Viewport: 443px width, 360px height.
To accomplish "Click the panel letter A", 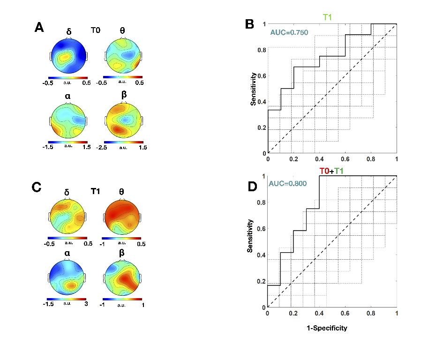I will (40, 28).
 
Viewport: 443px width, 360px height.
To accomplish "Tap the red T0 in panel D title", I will (324, 171).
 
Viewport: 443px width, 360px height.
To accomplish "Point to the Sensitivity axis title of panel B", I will (253, 89).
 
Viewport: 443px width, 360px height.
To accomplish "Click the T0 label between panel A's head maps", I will (96, 30).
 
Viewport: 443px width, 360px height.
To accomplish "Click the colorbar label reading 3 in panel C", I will (85, 304).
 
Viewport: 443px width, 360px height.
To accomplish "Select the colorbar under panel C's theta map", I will (122, 238).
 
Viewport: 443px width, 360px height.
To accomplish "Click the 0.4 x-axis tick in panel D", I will (319, 313).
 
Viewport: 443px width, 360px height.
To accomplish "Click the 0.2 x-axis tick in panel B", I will (294, 159).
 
